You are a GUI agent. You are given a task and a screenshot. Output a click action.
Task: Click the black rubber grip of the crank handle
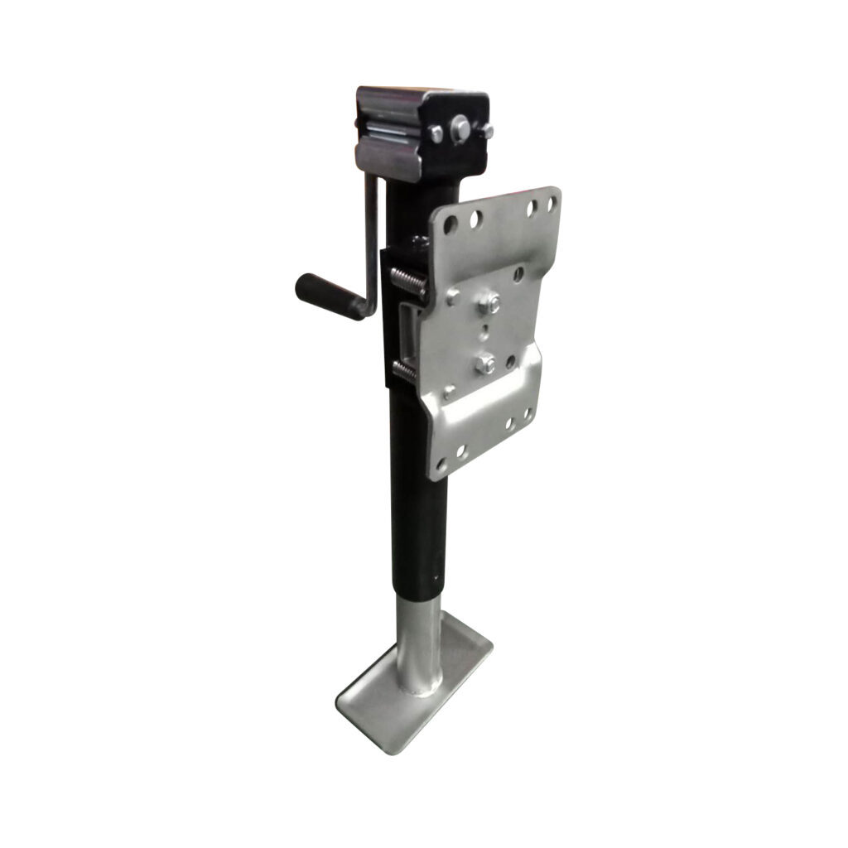tap(328, 296)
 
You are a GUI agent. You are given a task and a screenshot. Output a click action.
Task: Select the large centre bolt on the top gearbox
tap(460, 128)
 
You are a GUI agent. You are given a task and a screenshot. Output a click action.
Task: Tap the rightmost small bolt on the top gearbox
tap(488, 132)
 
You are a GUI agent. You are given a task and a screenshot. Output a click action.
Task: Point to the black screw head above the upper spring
tap(420, 242)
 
